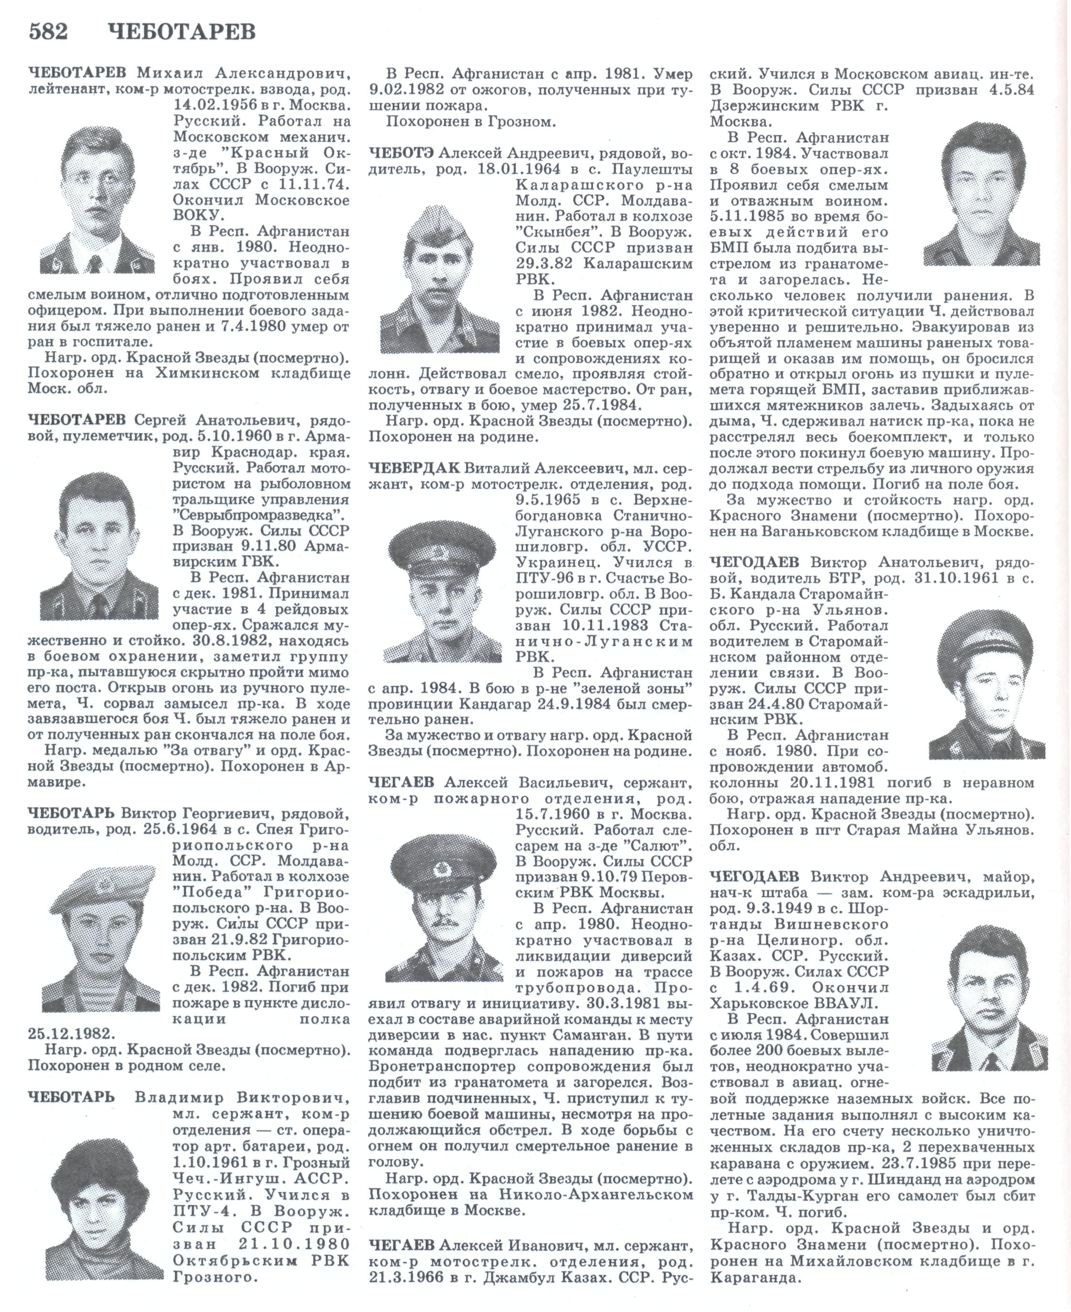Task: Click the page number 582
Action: pyautogui.click(x=48, y=32)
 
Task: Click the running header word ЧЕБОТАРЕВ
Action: pyautogui.click(x=185, y=32)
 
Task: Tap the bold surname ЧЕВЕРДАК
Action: pyautogui.click(x=414, y=468)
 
